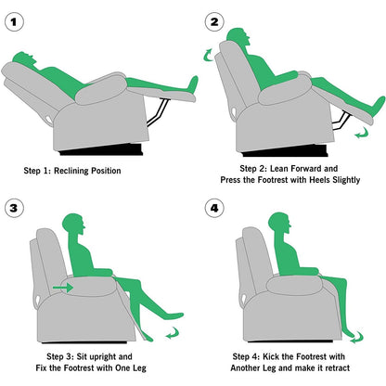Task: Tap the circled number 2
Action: click(215, 20)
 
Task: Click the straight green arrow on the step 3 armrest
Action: click(63, 288)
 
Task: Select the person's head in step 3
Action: click(72, 225)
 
